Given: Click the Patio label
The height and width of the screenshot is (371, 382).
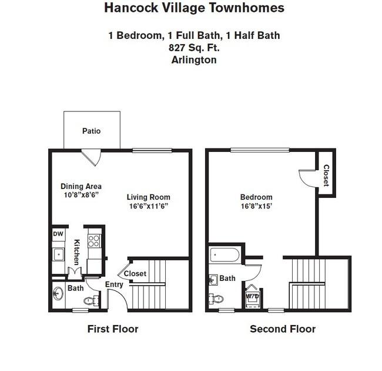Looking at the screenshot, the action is [x=91, y=131].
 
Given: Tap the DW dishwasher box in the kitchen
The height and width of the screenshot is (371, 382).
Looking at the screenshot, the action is [x=58, y=234].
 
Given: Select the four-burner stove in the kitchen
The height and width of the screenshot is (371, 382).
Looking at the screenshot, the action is [x=94, y=241].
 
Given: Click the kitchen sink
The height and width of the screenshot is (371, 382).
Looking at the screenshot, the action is [x=58, y=254].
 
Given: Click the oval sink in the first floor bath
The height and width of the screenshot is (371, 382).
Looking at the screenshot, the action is [x=58, y=293].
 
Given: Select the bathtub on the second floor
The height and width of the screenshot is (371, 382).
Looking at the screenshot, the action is [x=224, y=255].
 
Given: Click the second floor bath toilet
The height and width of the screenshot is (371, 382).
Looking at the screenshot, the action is [x=216, y=299].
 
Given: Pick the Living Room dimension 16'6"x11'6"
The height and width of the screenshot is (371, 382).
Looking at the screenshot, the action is [x=149, y=206].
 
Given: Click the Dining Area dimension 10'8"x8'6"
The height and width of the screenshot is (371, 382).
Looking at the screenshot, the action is [x=81, y=195].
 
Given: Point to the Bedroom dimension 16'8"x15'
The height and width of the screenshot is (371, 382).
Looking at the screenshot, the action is [x=256, y=206].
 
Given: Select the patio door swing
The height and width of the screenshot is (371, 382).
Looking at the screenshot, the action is [x=91, y=158].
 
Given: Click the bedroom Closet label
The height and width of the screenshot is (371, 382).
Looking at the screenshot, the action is [x=326, y=175].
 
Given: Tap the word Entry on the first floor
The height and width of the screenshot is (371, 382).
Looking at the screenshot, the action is [x=114, y=284].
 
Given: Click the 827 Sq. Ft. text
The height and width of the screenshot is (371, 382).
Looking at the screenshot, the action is [x=194, y=48].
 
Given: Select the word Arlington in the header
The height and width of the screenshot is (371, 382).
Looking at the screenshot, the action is [x=194, y=60].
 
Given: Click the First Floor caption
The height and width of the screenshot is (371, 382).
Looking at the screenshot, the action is [x=113, y=329].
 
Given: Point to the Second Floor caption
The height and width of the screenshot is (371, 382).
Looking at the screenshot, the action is [x=283, y=329].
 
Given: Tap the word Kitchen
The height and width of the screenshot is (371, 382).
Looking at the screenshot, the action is [x=76, y=252].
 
